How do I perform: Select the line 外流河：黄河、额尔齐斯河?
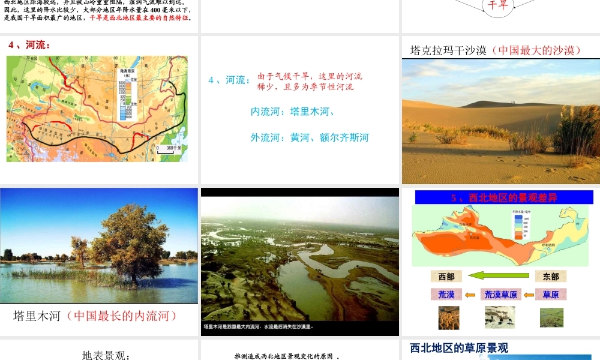[310, 138]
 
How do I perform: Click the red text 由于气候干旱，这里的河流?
[310, 77]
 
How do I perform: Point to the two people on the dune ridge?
[512, 102]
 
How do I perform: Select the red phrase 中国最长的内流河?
[125, 315]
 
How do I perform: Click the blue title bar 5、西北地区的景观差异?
[503, 197]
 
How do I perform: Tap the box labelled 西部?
[446, 277]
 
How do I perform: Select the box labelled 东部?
[551, 277]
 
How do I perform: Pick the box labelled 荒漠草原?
[500, 295]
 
